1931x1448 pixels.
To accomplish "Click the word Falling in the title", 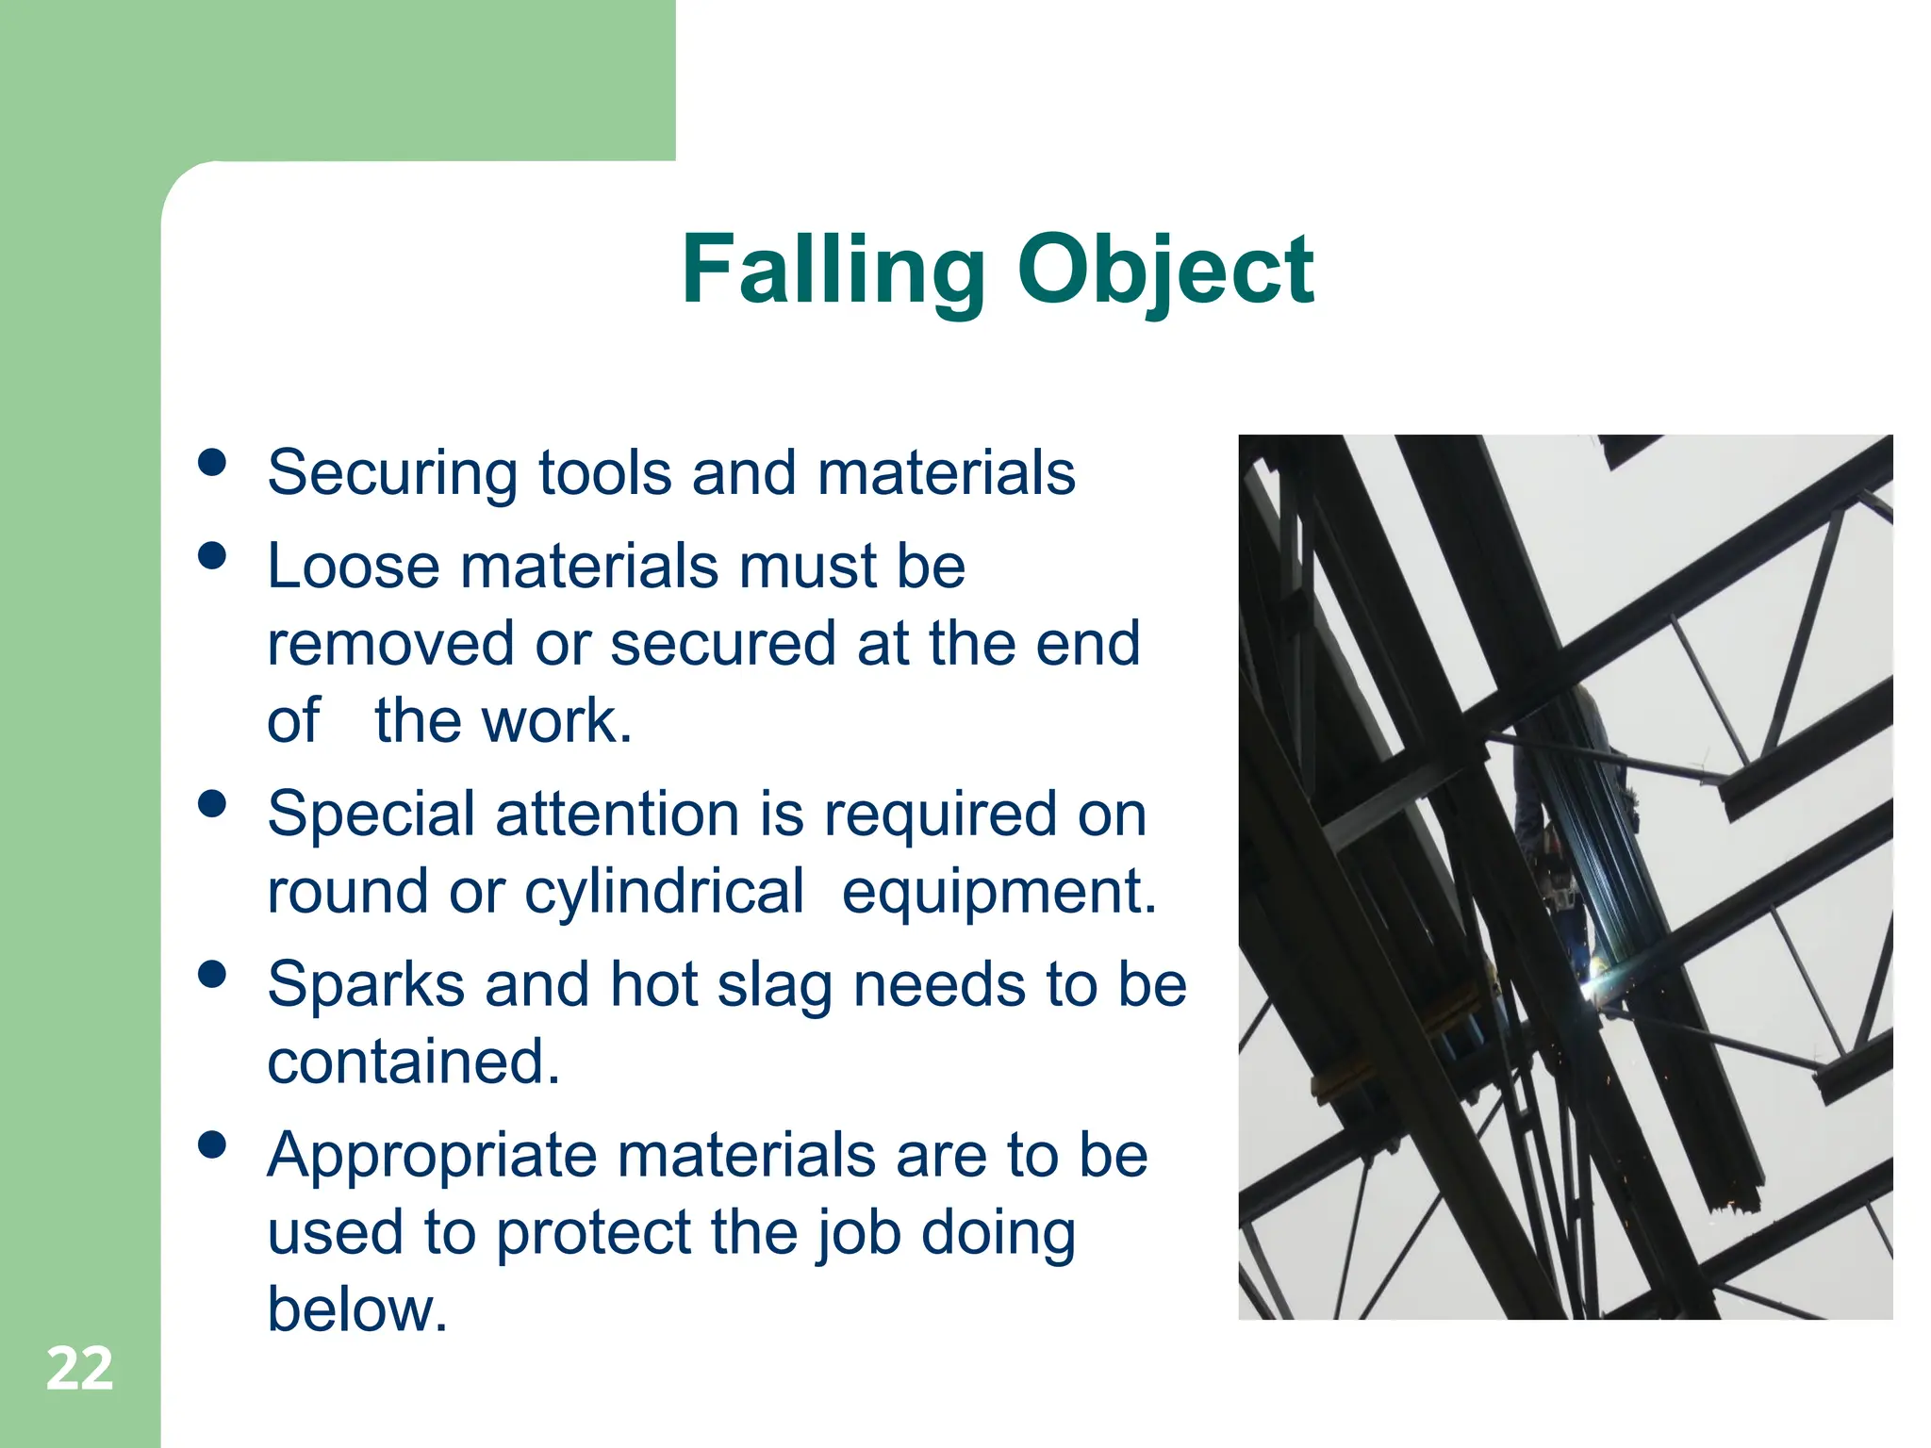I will [x=833, y=271].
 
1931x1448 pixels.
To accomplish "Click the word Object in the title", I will [x=1165, y=271].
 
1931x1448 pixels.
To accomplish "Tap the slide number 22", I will [x=79, y=1369].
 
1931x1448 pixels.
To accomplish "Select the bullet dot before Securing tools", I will [x=213, y=462].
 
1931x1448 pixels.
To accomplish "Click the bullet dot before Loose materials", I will [x=213, y=555].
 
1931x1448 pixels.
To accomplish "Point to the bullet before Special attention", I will [x=213, y=803].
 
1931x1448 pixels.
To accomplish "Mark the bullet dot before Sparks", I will [x=213, y=974].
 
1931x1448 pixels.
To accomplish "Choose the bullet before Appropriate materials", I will [x=213, y=1144].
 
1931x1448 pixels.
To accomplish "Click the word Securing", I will [x=392, y=473].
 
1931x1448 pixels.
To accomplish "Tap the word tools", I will [x=604, y=472].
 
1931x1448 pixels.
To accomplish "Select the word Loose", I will [x=354, y=567].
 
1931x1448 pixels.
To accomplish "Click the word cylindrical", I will [x=664, y=892].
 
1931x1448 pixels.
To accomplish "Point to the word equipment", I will [x=999, y=892].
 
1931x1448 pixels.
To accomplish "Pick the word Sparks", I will [x=366, y=985].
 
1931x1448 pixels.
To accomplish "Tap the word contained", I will [x=413, y=1062].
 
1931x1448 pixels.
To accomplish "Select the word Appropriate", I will [x=432, y=1158].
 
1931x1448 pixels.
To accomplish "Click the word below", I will [x=356, y=1309].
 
